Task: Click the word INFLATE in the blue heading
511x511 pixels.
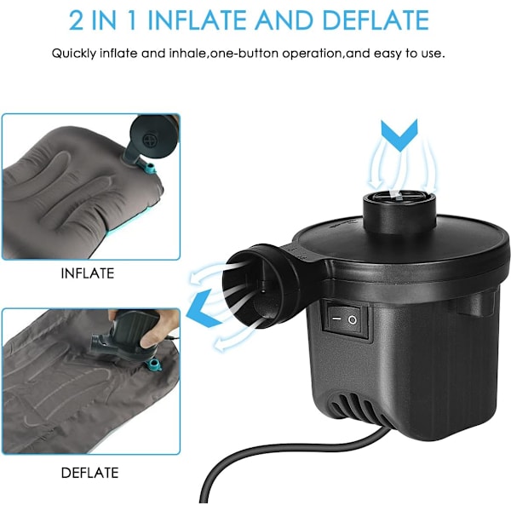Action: [x=199, y=20]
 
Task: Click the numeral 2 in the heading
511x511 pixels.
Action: [x=77, y=20]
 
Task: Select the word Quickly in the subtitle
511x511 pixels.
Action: [x=73, y=54]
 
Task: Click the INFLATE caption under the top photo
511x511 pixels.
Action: [x=88, y=273]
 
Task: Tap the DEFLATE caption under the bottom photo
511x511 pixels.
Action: [x=89, y=473]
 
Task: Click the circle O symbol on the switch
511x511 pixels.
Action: [x=353, y=320]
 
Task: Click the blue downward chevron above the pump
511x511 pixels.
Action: [x=399, y=135]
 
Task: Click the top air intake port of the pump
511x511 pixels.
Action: [x=399, y=198]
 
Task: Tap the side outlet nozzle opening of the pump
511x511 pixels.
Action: [x=249, y=286]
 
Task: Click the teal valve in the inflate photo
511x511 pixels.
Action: [x=150, y=169]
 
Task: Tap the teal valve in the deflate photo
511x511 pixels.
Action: [x=153, y=365]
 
